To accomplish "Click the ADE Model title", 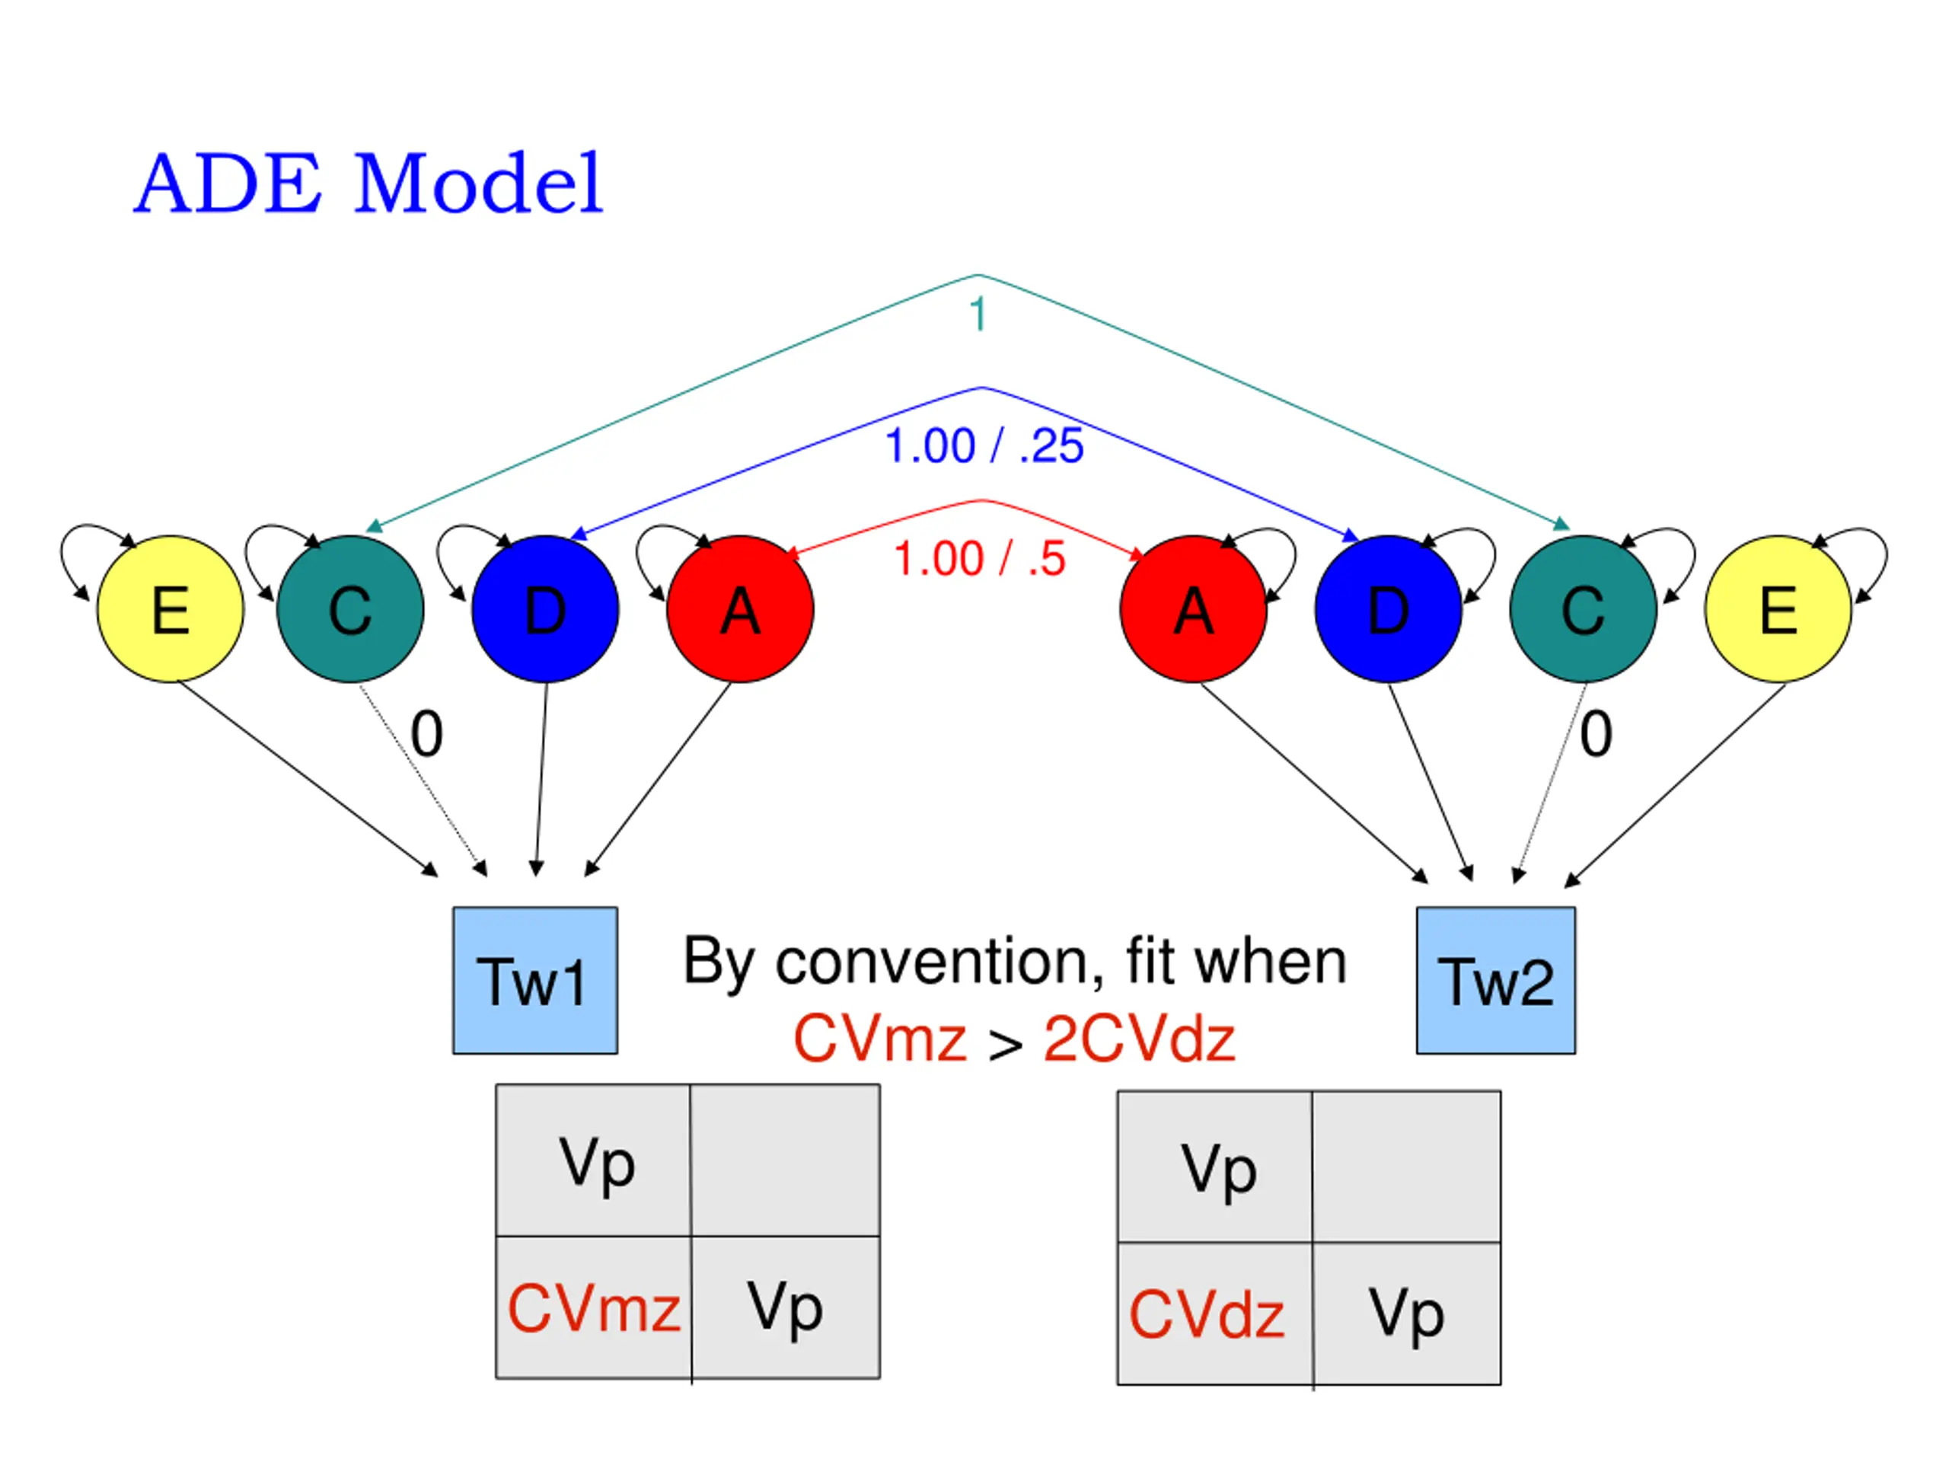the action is coord(368,184).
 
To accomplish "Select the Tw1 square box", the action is coord(534,980).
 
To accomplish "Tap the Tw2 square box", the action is coord(1495,980).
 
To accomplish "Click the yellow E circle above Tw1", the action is coord(170,609).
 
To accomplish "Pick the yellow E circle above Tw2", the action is coord(1778,609).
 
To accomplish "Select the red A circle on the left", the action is coord(740,609).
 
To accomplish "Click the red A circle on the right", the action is coord(1193,609).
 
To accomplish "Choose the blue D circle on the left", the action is coord(545,609).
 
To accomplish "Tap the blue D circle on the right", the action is coord(1388,609).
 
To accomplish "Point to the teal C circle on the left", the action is coord(349,609).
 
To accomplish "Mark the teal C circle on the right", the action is coord(1583,609).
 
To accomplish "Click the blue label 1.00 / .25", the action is coord(984,446).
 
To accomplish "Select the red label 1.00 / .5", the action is coord(980,559).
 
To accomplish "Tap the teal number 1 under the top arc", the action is coord(977,314).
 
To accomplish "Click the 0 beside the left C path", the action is coord(426,734).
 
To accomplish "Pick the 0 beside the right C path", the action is coord(1596,734).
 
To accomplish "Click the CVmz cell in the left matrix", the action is coord(594,1307).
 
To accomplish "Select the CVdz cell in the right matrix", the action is coord(1215,1314).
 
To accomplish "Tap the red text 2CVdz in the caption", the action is coord(1138,1040).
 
